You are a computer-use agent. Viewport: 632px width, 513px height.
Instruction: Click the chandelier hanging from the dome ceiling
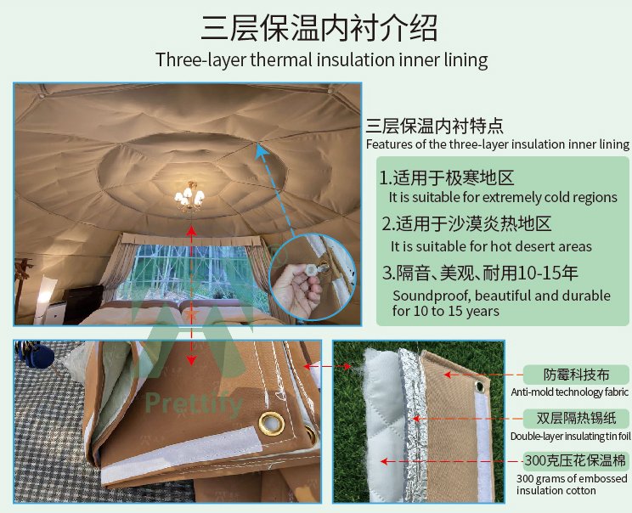pos(189,197)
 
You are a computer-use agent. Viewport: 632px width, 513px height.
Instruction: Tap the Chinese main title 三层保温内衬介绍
pos(319,27)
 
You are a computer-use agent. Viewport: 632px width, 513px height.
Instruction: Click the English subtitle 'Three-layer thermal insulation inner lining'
pos(322,60)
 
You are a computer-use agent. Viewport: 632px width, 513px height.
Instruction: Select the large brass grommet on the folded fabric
pos(270,424)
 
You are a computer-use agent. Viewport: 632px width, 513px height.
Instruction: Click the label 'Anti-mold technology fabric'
pos(569,392)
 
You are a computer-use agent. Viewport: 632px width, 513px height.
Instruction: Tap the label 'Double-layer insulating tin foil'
pos(570,436)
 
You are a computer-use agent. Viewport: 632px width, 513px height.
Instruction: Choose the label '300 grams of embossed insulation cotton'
pos(572,484)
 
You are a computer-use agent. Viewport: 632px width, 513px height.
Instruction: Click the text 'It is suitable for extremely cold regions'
pos(503,197)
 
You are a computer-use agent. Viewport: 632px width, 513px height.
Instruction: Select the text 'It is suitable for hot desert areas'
pos(491,246)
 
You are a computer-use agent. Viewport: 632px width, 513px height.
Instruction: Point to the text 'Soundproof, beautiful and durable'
pos(501,296)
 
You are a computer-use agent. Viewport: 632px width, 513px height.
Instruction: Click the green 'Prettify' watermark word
pos(194,403)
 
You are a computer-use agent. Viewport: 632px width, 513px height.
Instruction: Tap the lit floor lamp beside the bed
pos(43,299)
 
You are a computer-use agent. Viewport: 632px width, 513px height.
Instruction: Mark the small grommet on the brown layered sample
pos(481,386)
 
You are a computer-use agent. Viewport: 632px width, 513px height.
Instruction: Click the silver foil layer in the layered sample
pos(413,423)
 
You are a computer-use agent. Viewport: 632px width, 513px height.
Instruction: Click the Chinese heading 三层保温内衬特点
pos(435,127)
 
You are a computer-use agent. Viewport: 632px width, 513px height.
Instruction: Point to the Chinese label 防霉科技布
pos(576,375)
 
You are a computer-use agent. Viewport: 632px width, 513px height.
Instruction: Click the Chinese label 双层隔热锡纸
pos(576,418)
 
